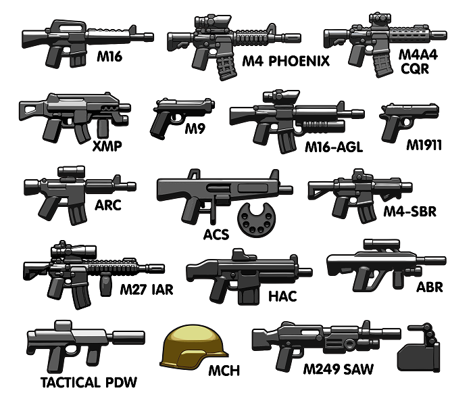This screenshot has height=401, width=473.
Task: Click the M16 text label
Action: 109,57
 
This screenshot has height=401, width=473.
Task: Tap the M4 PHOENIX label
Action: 286,62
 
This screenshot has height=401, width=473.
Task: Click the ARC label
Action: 107,204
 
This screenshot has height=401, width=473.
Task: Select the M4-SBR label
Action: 409,212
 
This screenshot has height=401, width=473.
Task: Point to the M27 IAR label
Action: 146,290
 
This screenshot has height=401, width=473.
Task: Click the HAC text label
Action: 282,296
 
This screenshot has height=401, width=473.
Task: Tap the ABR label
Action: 430,287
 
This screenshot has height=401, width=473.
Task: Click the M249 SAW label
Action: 338,370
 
